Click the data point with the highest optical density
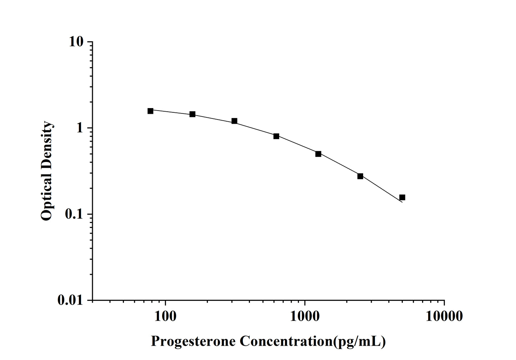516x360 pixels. click(x=150, y=111)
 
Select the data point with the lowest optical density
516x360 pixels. click(x=402, y=197)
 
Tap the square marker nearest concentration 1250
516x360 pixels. click(x=318, y=154)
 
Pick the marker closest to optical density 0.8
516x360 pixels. click(x=276, y=136)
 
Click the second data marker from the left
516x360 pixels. click(x=192, y=114)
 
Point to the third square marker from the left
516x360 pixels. click(x=234, y=121)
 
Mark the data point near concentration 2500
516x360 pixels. click(x=360, y=176)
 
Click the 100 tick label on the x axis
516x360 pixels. click(x=165, y=316)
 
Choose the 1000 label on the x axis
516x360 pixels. click(x=305, y=316)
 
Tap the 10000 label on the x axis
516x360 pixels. click(x=444, y=316)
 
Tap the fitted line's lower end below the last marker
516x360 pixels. click(x=402, y=202)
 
